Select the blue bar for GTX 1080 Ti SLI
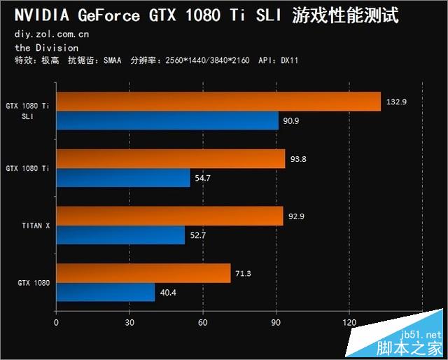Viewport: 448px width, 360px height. tap(167, 120)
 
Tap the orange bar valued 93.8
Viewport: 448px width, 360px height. tap(170, 159)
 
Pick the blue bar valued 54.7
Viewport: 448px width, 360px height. tap(123, 178)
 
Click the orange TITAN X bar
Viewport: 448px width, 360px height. tap(169, 216)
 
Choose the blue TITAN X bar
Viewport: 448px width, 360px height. tap(120, 235)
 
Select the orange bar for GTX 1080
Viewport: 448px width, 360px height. tap(143, 273)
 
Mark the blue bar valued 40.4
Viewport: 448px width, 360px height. tap(106, 292)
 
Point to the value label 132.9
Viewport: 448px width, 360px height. tap(395, 102)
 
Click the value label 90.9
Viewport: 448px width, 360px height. tap(292, 121)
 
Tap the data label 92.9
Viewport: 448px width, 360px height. tap(297, 216)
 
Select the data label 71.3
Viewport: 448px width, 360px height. tap(244, 273)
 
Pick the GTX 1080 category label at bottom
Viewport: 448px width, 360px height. tap(34, 283)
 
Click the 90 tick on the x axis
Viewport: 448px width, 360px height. tap(276, 323)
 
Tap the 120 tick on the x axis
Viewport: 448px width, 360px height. tap(349, 323)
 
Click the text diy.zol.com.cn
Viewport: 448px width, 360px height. tap(51, 34)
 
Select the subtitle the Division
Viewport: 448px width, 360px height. tap(46, 48)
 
